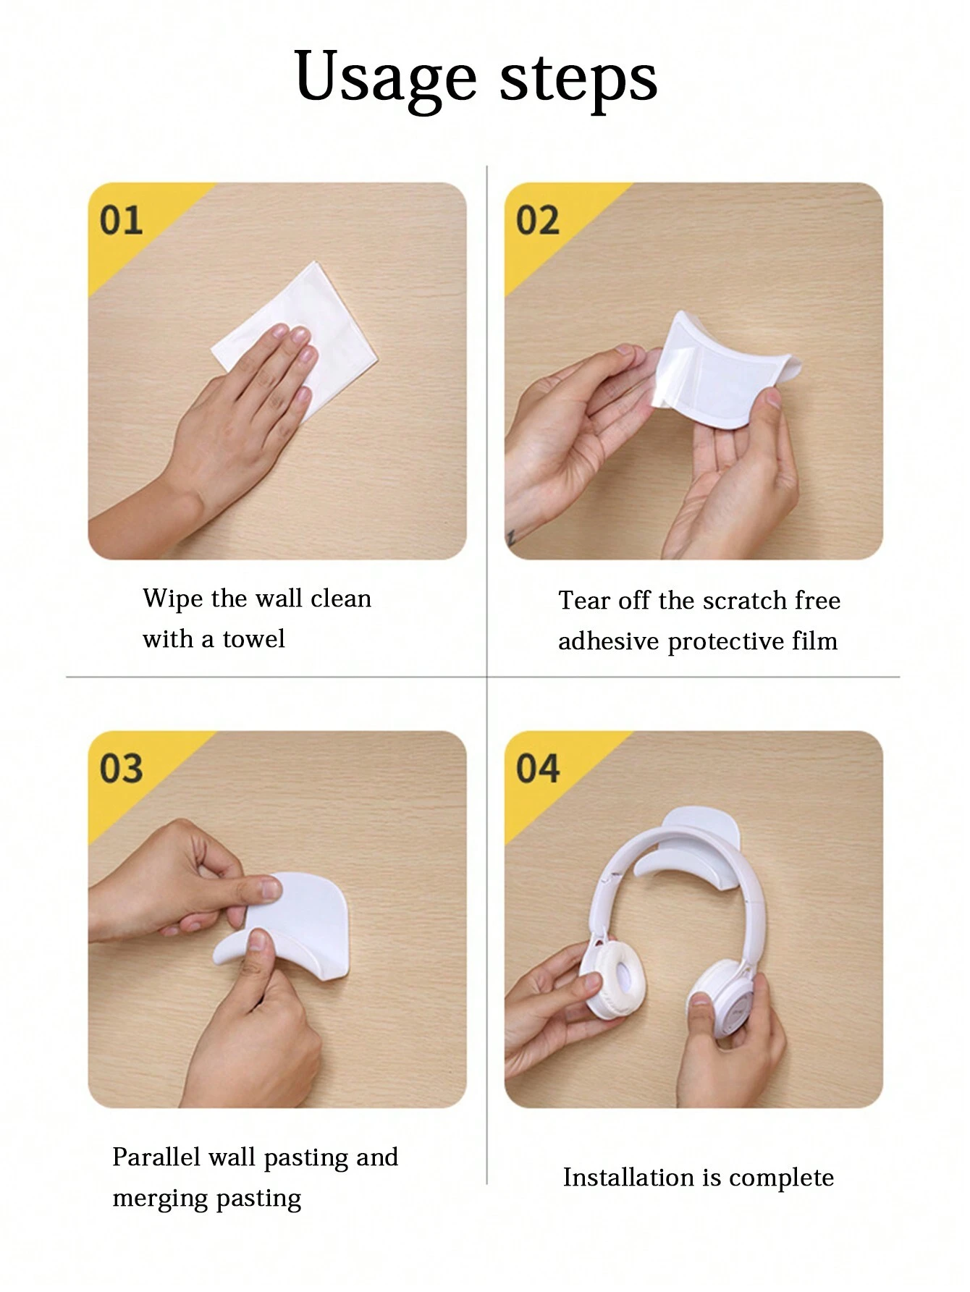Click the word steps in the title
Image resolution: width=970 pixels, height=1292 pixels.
pos(578,78)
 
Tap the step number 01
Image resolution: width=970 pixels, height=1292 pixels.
pos(121,220)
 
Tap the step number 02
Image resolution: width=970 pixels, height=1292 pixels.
pos(538,220)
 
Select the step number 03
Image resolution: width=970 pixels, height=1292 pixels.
pos(121,768)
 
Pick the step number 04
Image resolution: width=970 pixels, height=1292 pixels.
pos(538,768)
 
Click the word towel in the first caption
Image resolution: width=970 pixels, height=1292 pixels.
pos(253,639)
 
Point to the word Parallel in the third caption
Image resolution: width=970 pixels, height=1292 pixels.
pos(156,1157)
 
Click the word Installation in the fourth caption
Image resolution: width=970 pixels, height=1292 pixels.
pos(629,1178)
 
